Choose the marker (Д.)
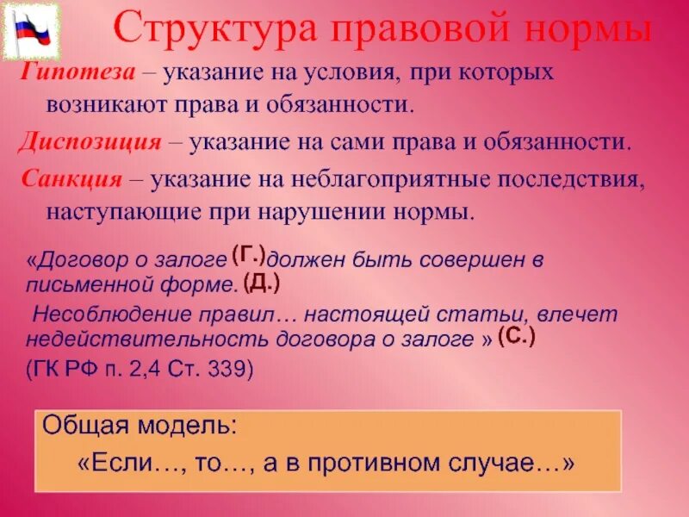(261, 282)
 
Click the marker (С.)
(517, 337)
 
